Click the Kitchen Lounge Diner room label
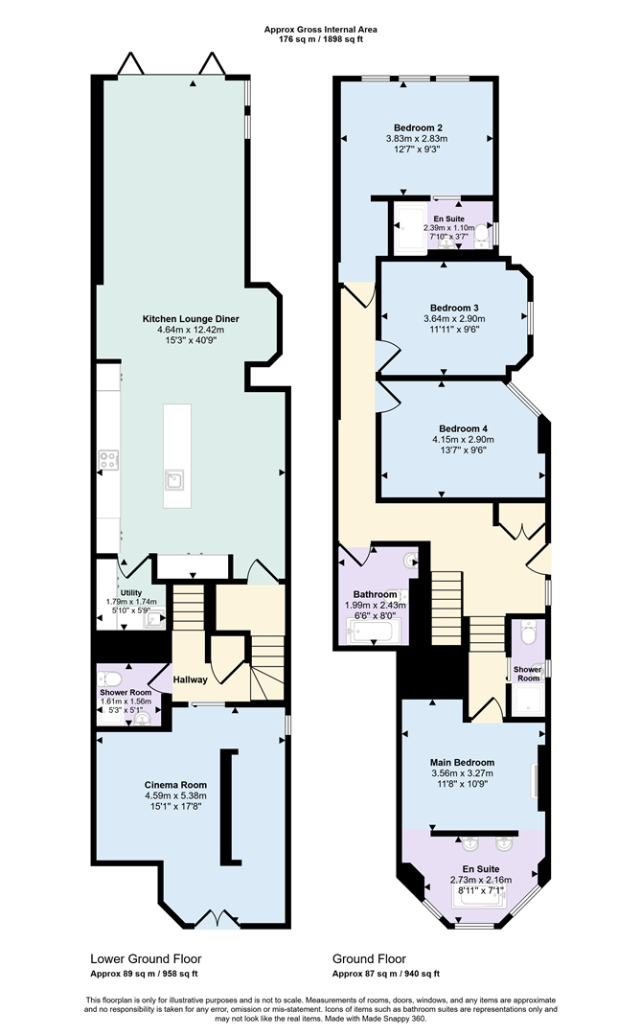pyautogui.click(x=191, y=318)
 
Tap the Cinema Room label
pyautogui.click(x=175, y=784)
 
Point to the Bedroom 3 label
pyautogui.click(x=454, y=308)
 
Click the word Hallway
pyautogui.click(x=190, y=679)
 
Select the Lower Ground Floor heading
pyautogui.click(x=146, y=958)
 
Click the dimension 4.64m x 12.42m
pyautogui.click(x=191, y=331)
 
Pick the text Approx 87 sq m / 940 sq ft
pyautogui.click(x=386, y=974)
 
